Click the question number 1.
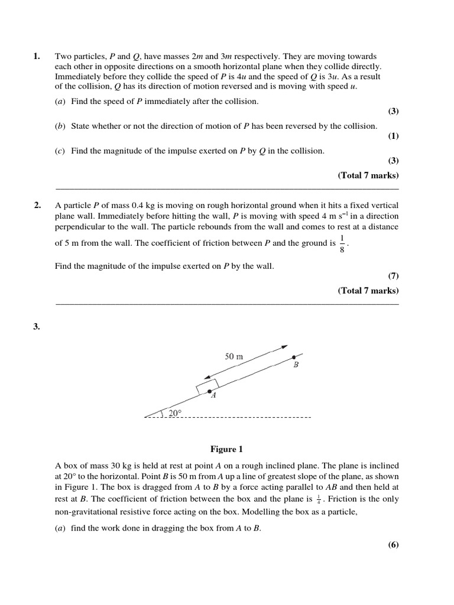point(37,57)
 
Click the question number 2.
point(37,205)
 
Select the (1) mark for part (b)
point(393,136)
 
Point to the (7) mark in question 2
point(393,276)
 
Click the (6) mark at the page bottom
point(393,545)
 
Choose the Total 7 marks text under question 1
point(368,175)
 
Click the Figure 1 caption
point(226,449)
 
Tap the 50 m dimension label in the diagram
point(234,356)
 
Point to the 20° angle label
point(175,413)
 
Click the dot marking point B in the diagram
point(294,357)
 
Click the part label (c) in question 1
point(60,151)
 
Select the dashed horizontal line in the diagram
point(236,418)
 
